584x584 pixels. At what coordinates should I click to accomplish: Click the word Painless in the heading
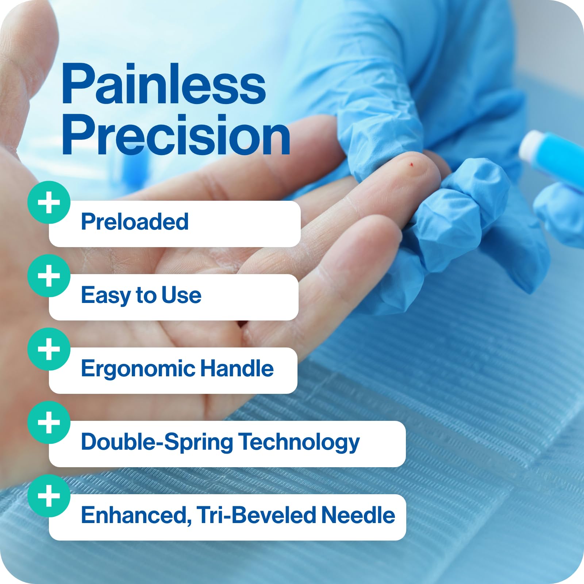point(164,85)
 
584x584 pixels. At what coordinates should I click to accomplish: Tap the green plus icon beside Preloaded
point(49,203)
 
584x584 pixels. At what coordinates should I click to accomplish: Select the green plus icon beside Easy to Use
point(49,276)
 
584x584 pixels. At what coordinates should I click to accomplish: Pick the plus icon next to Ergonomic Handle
point(49,349)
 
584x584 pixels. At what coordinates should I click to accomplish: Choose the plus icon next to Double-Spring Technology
point(49,423)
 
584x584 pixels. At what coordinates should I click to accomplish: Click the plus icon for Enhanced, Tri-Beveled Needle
point(49,496)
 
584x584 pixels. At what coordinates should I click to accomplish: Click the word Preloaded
point(135,222)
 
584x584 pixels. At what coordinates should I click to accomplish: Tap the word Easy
point(105,295)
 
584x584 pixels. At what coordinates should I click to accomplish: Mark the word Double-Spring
point(157,442)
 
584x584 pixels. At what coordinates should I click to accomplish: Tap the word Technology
point(299,442)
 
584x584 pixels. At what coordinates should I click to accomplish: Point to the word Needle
point(358,515)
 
